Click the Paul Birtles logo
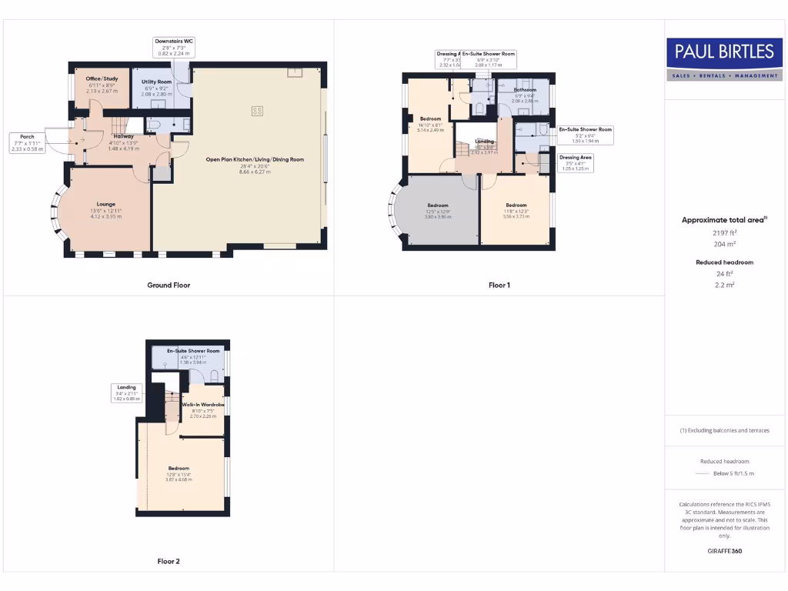click(x=724, y=59)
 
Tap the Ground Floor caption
click(x=169, y=285)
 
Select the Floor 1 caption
click(x=499, y=285)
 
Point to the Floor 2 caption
click(x=169, y=562)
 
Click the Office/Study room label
click(x=98, y=78)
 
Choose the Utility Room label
click(x=157, y=82)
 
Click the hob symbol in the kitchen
click(x=257, y=111)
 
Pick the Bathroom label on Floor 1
click(x=525, y=90)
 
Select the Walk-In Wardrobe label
click(x=203, y=404)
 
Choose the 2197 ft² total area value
click(x=724, y=232)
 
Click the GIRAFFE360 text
click(x=724, y=551)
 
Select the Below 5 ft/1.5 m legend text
click(x=733, y=474)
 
